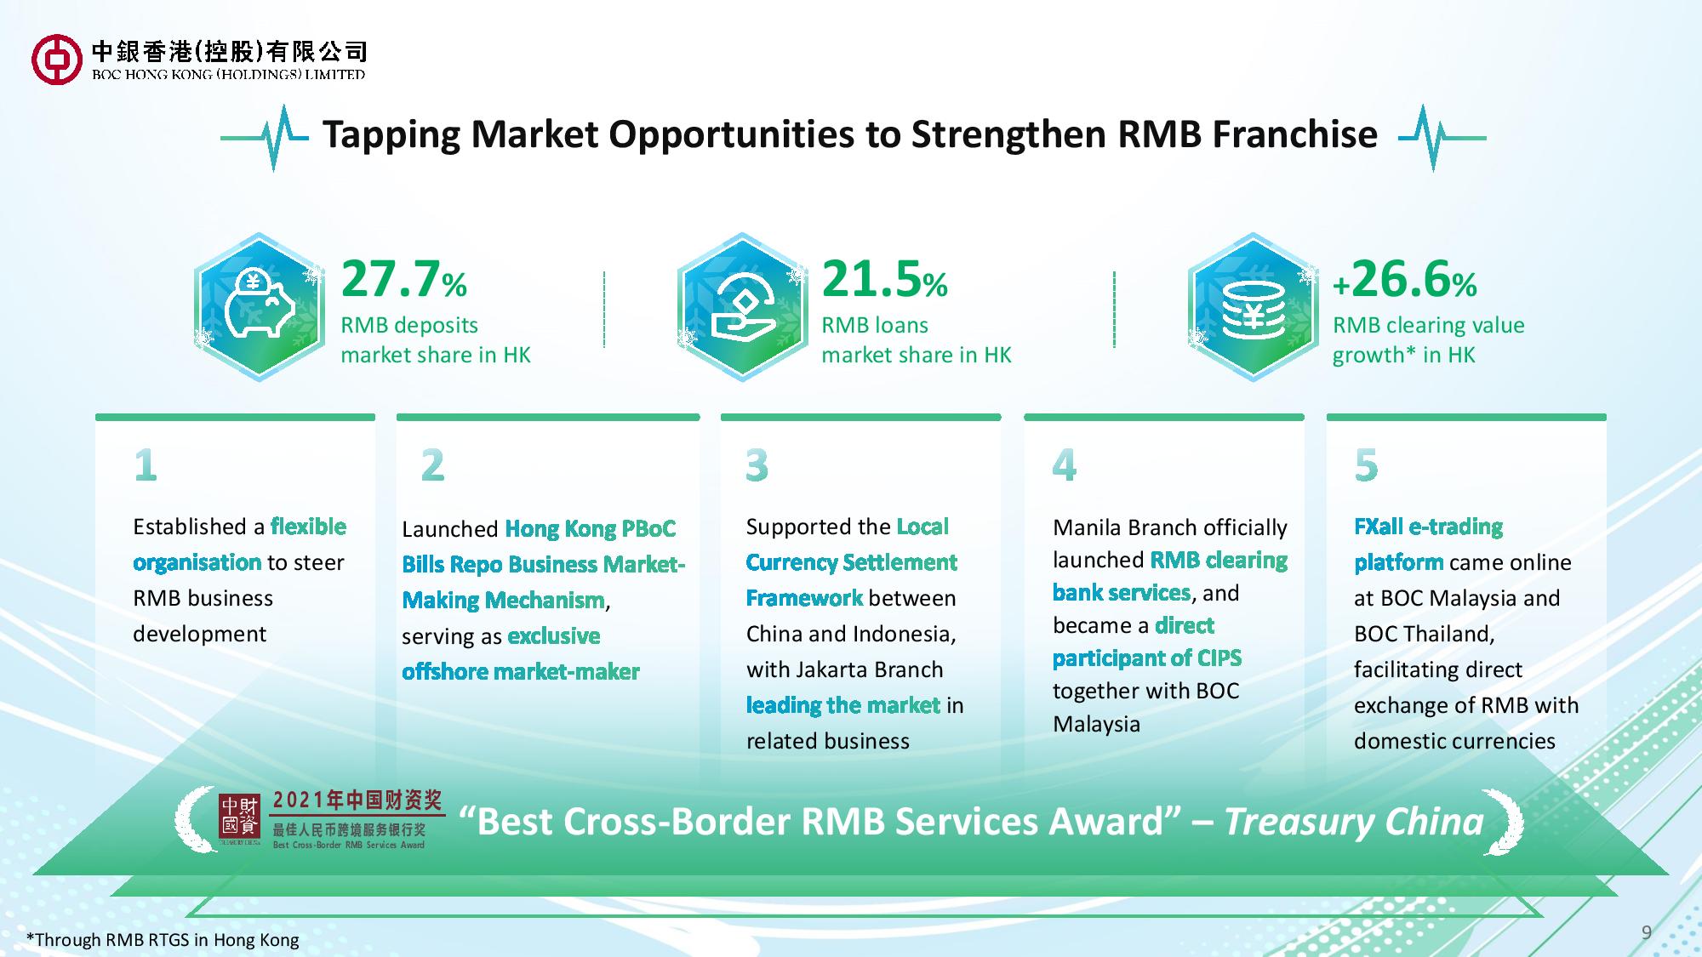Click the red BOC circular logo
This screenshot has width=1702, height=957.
(x=56, y=60)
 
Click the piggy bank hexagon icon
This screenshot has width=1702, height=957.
(x=260, y=307)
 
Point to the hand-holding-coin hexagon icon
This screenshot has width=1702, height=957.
(x=743, y=307)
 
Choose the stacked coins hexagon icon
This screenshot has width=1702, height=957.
(x=1254, y=307)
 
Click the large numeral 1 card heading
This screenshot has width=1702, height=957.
(x=146, y=465)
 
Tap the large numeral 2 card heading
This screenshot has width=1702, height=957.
(x=433, y=465)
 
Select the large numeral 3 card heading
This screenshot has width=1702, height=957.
(x=757, y=465)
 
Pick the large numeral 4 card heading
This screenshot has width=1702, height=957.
(x=1065, y=465)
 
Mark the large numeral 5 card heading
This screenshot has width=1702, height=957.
(x=1367, y=465)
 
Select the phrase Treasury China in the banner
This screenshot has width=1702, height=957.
(x=1354, y=822)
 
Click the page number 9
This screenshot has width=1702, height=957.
(x=1647, y=932)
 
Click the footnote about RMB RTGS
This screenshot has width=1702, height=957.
(x=163, y=940)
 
